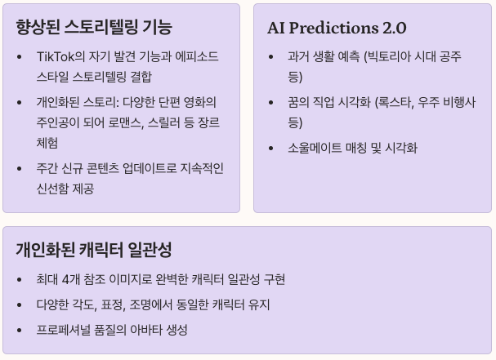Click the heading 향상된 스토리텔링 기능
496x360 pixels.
pyautogui.click(x=93, y=27)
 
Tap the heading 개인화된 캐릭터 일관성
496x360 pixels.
pyautogui.click(x=93, y=250)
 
